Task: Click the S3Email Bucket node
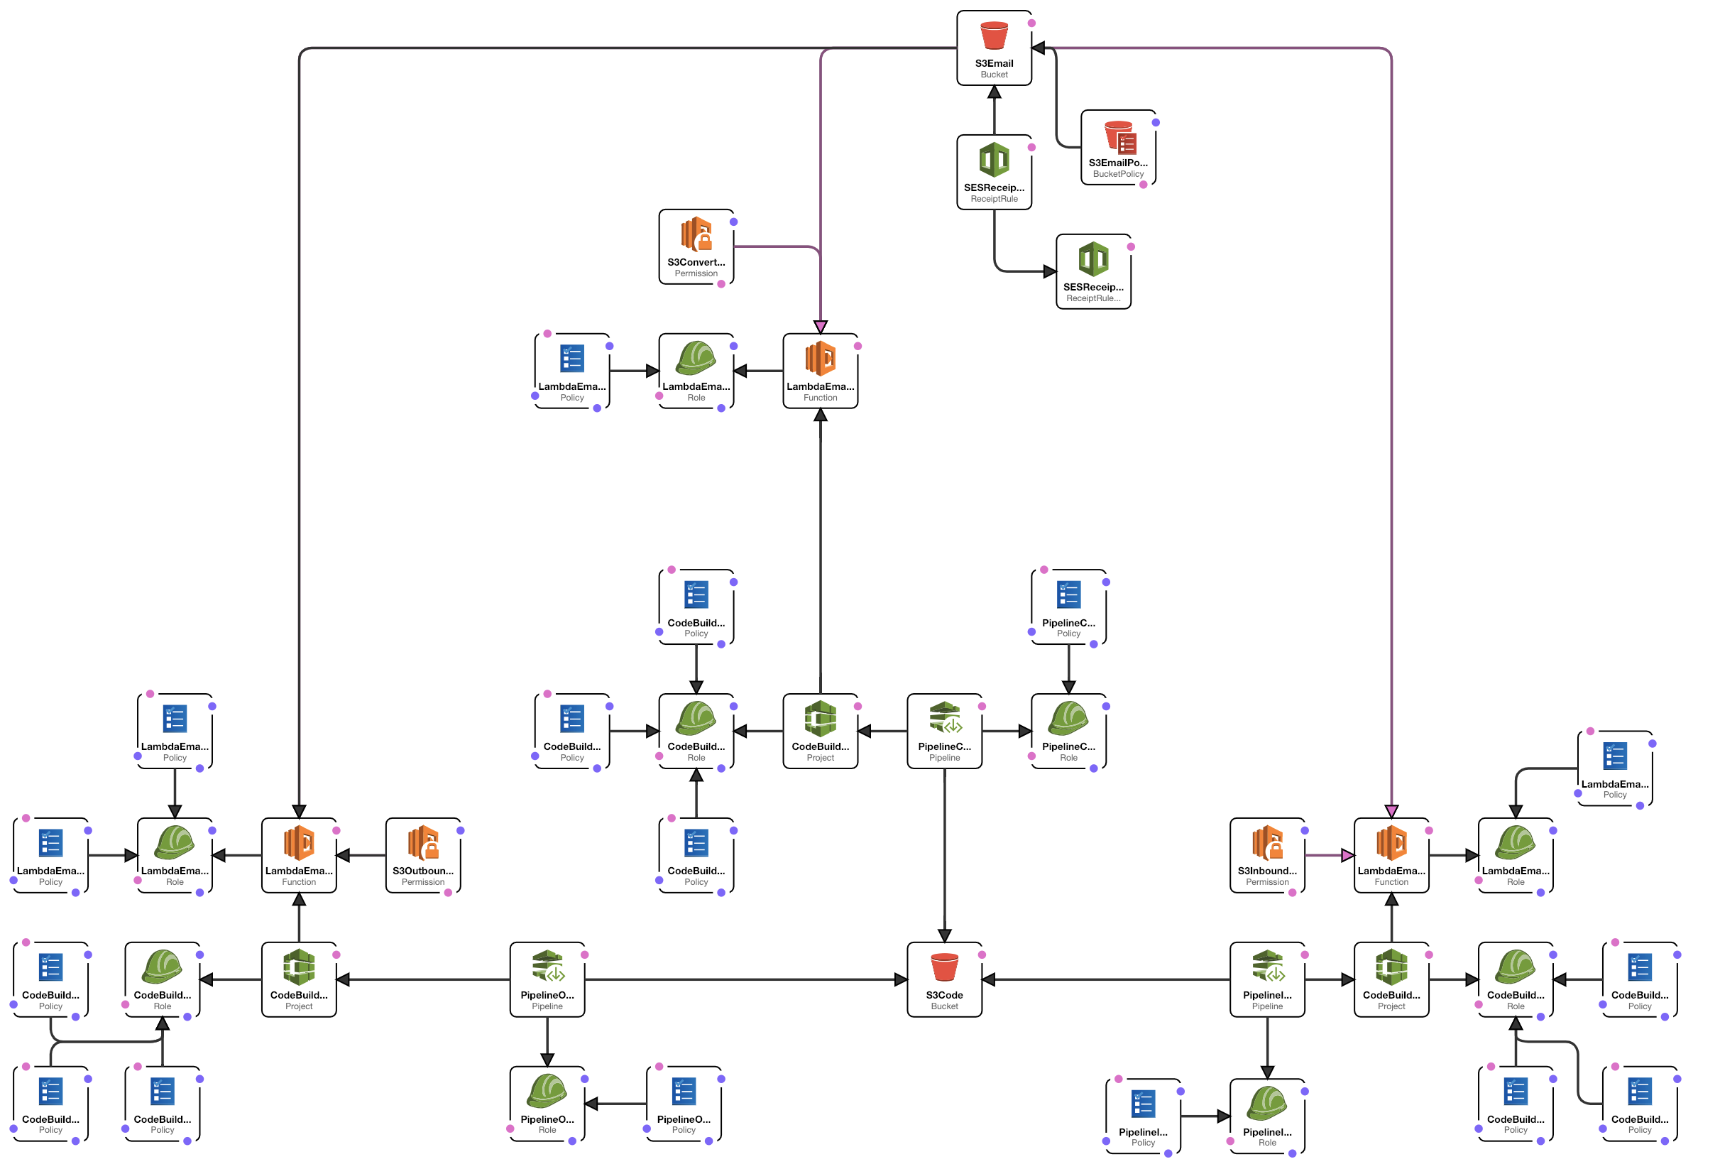994,48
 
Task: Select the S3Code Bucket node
944,979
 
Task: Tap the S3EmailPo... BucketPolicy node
1117,147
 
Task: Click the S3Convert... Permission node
696,246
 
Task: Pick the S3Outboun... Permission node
422,855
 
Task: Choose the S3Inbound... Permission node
1267,855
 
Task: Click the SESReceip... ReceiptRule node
994,172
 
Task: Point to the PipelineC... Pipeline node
944,731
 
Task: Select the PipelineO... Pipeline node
547,979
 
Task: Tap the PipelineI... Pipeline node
1267,979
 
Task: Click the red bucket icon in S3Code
944,967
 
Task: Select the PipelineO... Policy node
683,1103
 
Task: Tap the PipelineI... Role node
1267,1116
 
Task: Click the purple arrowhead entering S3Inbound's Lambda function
1348,855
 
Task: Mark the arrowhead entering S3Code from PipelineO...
901,979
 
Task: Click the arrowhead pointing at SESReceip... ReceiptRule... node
1049,271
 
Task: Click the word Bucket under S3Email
994,74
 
